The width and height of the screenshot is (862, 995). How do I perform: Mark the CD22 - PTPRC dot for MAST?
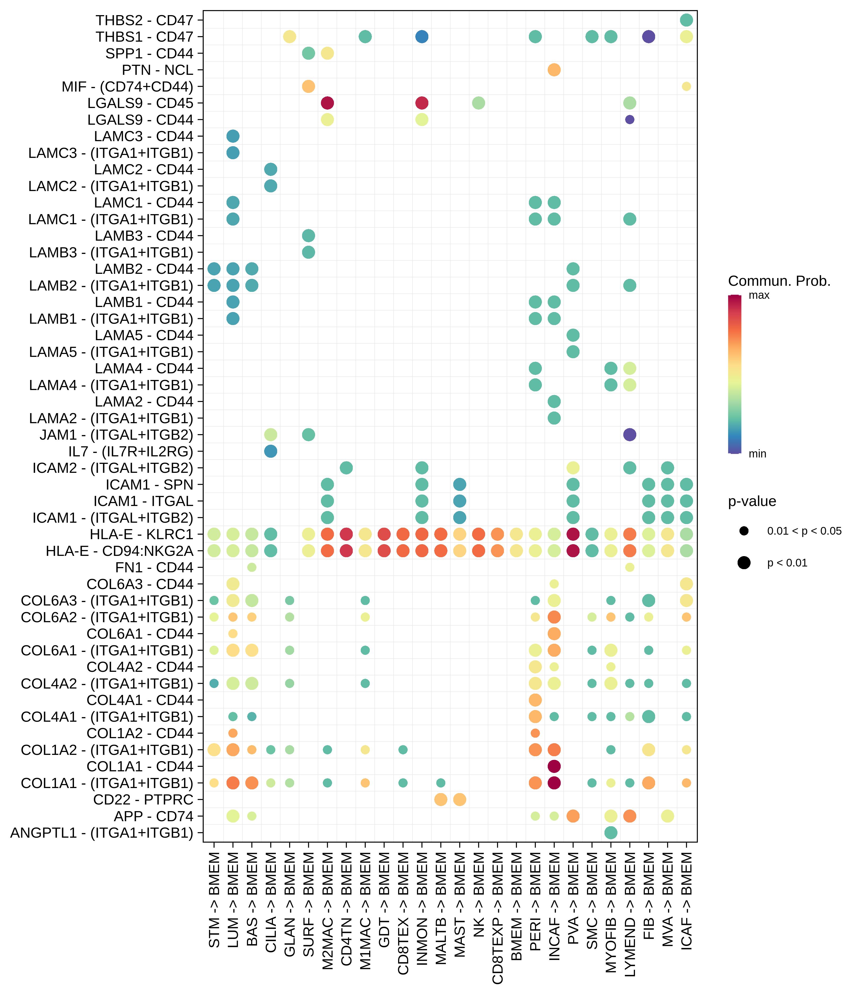pos(459,800)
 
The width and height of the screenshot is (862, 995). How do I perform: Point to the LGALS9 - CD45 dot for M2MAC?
pos(327,103)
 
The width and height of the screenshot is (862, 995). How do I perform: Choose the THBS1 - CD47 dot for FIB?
pos(648,37)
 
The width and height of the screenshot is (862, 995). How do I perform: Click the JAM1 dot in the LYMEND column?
pos(630,434)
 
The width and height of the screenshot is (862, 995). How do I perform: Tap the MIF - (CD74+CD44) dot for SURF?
pos(308,86)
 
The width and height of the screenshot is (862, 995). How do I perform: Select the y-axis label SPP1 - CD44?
pos(149,53)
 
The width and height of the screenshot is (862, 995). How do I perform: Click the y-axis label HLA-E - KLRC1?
pos(141,534)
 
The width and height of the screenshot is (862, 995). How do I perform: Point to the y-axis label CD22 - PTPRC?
pos(143,800)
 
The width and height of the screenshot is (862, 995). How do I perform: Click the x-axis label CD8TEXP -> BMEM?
pos(497,919)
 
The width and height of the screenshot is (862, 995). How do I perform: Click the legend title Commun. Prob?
pos(779,281)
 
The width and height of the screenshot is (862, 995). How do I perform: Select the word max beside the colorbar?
pos(759,295)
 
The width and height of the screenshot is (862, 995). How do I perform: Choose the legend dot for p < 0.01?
pos(744,563)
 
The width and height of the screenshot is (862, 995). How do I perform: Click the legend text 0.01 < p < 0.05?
pos(804,531)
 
